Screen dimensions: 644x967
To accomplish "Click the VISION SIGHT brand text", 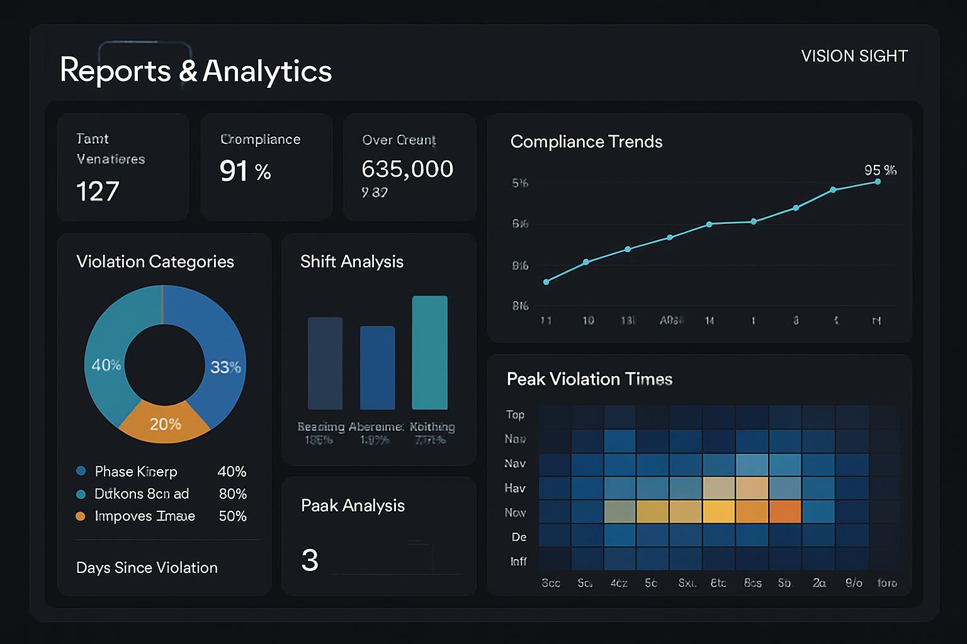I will [x=854, y=56].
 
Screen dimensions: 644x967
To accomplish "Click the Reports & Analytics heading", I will [x=196, y=70].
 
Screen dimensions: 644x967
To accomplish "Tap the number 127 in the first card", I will [x=98, y=191].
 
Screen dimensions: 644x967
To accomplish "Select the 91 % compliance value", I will [x=245, y=170].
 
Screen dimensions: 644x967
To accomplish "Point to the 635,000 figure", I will [x=407, y=169].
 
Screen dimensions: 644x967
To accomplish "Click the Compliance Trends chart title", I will [x=586, y=142].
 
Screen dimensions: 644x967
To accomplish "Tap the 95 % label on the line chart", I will [x=880, y=170].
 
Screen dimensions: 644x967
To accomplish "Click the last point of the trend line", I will [x=878, y=182].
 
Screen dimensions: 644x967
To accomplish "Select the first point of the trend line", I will [x=546, y=282].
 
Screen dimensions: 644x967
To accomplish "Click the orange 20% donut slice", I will [x=164, y=423].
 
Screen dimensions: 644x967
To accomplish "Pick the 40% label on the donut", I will [x=106, y=365].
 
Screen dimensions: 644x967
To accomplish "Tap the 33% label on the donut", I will [x=225, y=367].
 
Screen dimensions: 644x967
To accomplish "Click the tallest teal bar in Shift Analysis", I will [x=429, y=352].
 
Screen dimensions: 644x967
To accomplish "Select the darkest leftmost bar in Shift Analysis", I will [x=325, y=363].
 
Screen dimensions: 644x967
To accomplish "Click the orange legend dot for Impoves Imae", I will [x=81, y=516].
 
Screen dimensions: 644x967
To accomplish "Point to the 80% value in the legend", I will [x=232, y=494].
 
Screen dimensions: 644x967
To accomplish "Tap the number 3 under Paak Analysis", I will [x=310, y=560].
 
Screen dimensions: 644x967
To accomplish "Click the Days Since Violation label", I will [x=147, y=567].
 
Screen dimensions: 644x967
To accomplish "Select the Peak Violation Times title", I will [x=589, y=379].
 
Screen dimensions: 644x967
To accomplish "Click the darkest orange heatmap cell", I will [x=784, y=511].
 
